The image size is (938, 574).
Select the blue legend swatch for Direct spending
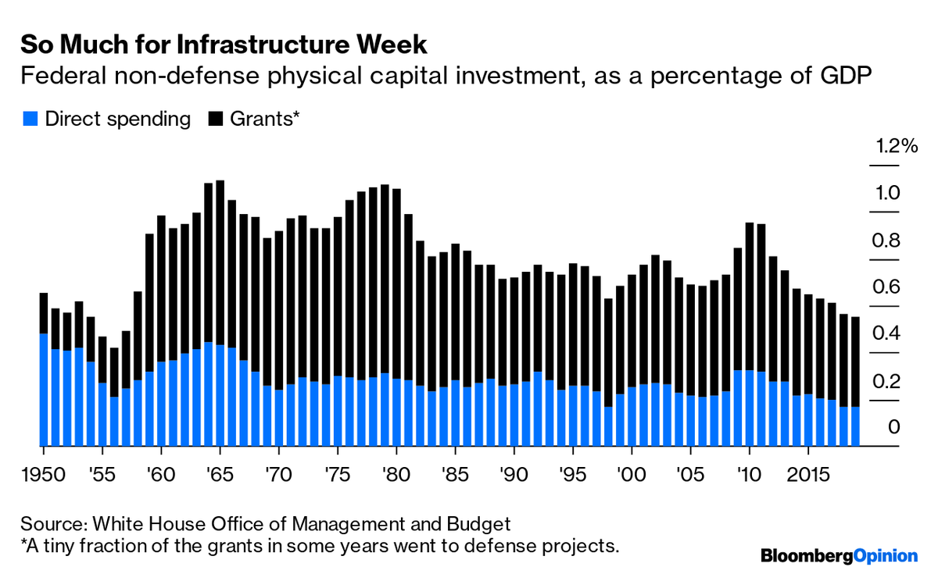click(x=30, y=119)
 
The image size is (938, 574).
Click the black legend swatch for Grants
click(x=216, y=119)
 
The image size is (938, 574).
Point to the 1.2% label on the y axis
click(x=896, y=146)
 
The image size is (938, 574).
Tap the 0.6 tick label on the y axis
click(x=887, y=287)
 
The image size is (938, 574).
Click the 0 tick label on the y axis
click(x=894, y=427)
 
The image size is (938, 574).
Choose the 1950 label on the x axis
click(x=44, y=476)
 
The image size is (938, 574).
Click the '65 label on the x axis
click(x=220, y=476)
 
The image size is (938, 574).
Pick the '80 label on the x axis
click(x=396, y=476)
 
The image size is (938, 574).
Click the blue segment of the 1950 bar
click(x=44, y=390)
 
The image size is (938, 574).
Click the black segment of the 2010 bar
click(x=750, y=297)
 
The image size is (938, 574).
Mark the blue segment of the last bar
click(x=855, y=426)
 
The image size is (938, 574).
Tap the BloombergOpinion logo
click(x=838, y=555)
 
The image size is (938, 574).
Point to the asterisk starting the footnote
click(x=24, y=543)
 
